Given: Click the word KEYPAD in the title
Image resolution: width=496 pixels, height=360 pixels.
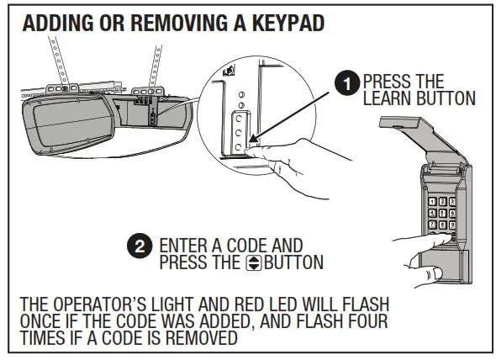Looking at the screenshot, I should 282,23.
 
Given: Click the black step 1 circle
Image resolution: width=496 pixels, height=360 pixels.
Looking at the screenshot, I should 345,82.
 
